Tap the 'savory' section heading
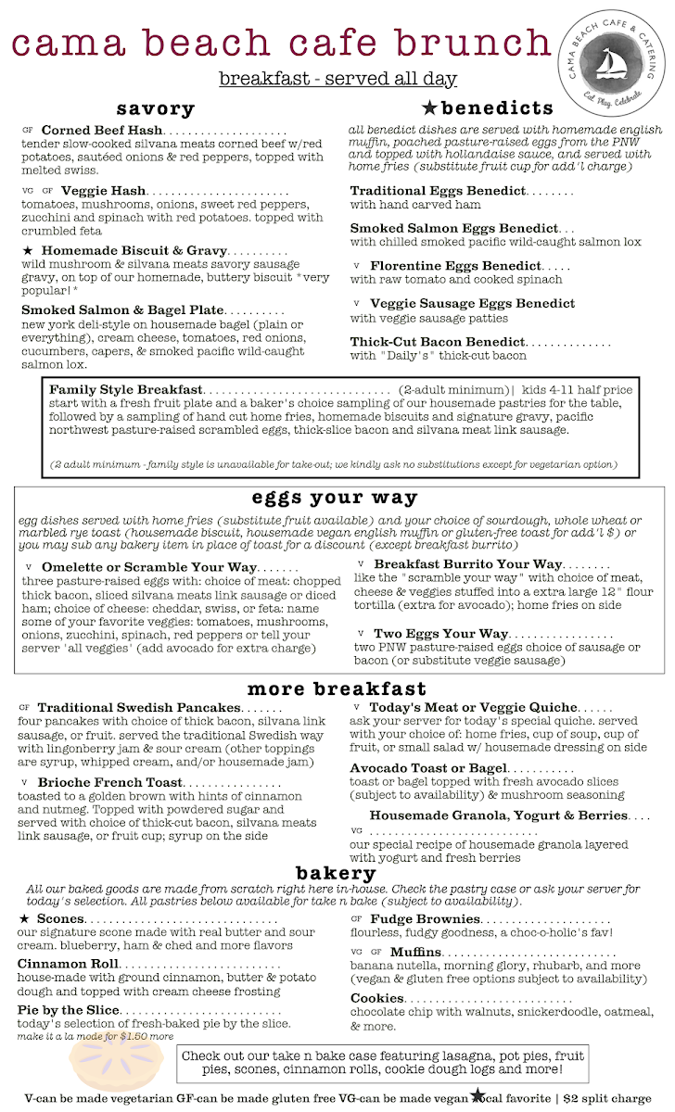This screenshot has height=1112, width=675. pos(155,108)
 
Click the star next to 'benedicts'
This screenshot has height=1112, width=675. pos(430,107)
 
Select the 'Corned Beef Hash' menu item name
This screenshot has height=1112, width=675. pos(102,131)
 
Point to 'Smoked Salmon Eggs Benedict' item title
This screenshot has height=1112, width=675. pos(453,228)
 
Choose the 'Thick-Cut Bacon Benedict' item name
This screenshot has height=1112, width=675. pos(437,342)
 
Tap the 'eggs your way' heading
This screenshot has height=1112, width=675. pos(321,498)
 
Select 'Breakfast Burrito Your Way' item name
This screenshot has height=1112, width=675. pos(467,563)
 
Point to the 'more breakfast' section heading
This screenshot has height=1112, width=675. pos(337,689)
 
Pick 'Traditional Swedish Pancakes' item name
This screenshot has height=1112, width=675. pos(139,708)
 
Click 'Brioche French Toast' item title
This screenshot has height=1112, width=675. pos(109,783)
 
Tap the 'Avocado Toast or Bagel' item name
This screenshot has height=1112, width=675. pos(427,768)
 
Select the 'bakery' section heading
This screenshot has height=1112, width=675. pos(336,873)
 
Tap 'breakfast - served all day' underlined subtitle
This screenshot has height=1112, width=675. pos(337,79)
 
